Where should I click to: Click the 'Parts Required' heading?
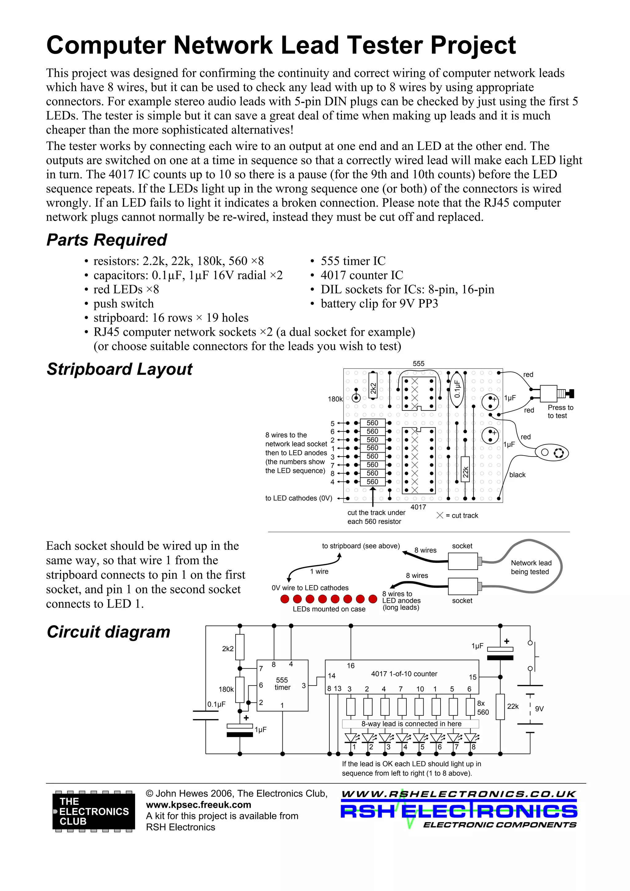[106, 240]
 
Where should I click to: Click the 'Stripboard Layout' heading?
[119, 369]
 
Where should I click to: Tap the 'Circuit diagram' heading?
[108, 632]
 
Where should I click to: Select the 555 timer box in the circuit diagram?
[282, 685]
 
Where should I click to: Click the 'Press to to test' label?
[560, 411]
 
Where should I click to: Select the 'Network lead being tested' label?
[531, 567]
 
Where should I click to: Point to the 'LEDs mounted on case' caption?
[329, 609]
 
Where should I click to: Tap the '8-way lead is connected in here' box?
[411, 724]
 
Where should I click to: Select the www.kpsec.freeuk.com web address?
[198, 805]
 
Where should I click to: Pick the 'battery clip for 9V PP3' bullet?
[379, 303]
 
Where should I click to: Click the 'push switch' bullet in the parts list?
[123, 303]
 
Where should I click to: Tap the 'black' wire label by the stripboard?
[517, 475]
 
